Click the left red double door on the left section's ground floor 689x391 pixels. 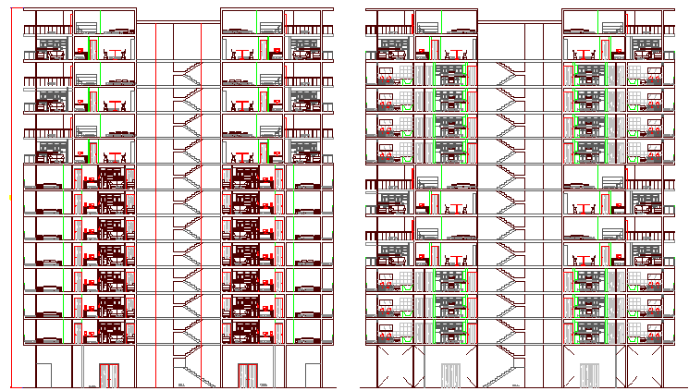click(109, 375)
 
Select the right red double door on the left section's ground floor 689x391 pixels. click(247, 375)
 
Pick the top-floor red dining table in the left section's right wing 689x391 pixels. click(243, 53)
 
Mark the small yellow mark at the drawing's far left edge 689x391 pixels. click(10, 196)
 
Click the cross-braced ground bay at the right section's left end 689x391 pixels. click(388, 367)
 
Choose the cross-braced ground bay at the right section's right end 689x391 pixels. click(646, 367)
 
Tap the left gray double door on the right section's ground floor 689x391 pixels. click(451, 375)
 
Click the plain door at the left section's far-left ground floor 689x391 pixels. click(43, 375)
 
